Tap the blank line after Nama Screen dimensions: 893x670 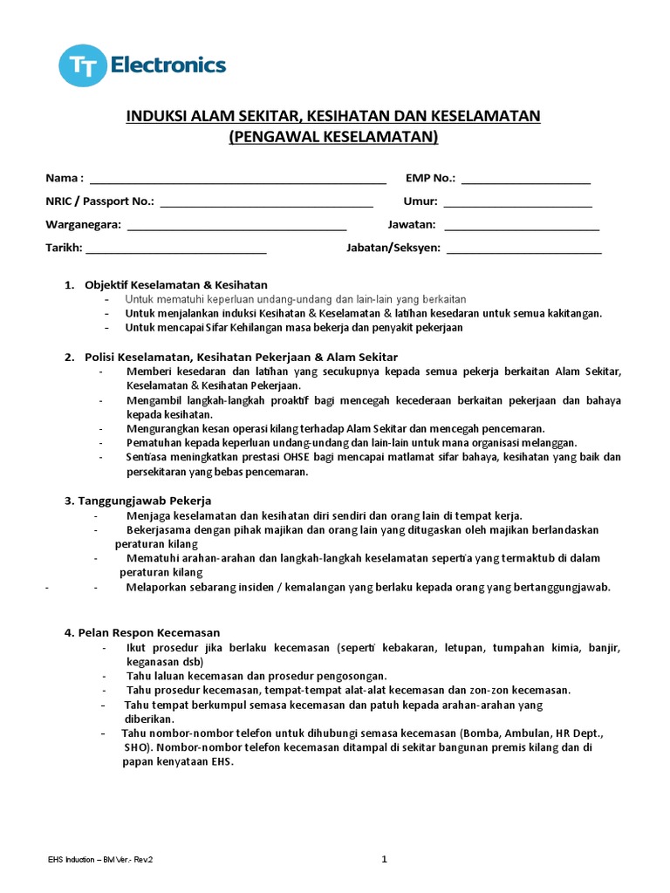click(x=237, y=181)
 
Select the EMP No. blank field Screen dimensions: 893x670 click(x=525, y=181)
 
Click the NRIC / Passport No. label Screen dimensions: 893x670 click(x=99, y=201)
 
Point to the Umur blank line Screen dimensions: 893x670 click(x=517, y=204)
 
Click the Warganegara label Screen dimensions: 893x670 click(x=83, y=224)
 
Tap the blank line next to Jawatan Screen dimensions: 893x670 click(x=522, y=227)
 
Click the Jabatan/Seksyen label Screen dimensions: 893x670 click(x=393, y=248)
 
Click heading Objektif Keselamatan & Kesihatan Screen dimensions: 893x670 click(x=176, y=285)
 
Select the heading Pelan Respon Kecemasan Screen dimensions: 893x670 click(x=142, y=632)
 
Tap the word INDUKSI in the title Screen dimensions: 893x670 click(x=156, y=116)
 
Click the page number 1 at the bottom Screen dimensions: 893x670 click(x=384, y=860)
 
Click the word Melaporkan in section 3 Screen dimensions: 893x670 click(x=158, y=587)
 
